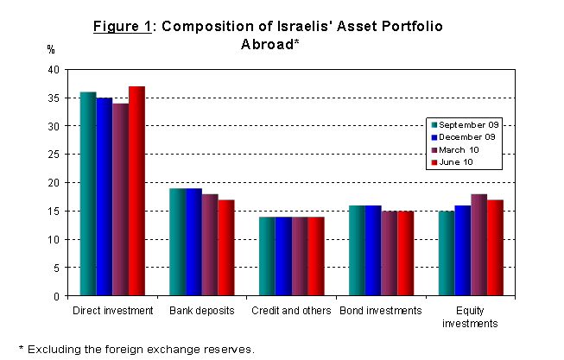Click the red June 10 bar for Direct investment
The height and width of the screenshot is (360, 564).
tap(136, 192)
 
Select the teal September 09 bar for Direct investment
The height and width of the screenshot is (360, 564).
tap(88, 194)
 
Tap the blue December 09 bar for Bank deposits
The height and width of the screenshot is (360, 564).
tap(193, 243)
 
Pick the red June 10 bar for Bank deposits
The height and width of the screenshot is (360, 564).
tap(226, 248)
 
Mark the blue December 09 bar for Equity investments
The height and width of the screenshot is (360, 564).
tap(462, 250)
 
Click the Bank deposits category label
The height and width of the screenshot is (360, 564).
tap(202, 310)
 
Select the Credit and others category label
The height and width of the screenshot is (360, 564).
tap(292, 310)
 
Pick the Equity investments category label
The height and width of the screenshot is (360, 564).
tap(470, 316)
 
